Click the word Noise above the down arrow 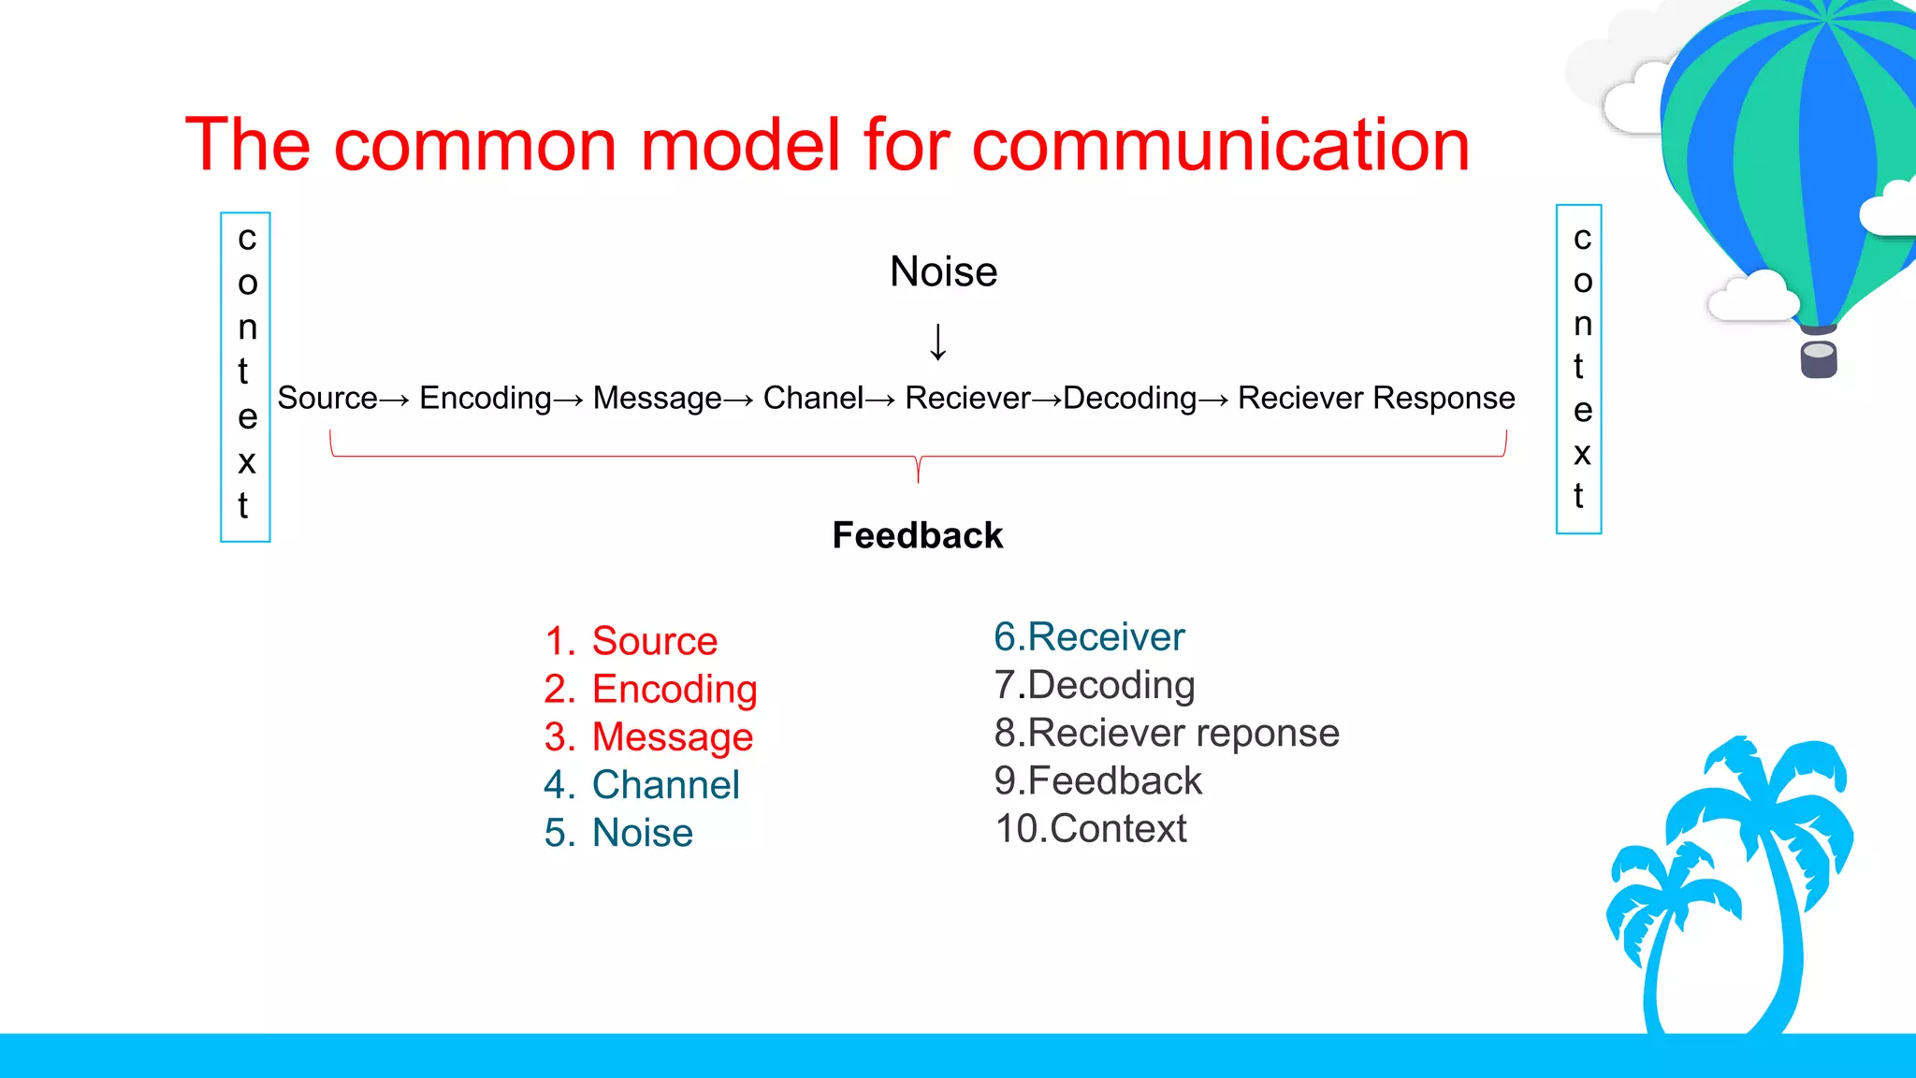pyautogui.click(x=943, y=271)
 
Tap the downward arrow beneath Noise pyautogui.click(x=937, y=342)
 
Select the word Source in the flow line pyautogui.click(x=327, y=398)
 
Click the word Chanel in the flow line pyautogui.click(x=813, y=398)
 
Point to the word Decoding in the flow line pyautogui.click(x=1130, y=399)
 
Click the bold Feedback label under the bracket pyautogui.click(x=918, y=535)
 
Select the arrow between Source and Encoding pyautogui.click(x=395, y=401)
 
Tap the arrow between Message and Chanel pyautogui.click(x=738, y=401)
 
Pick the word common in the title pyautogui.click(x=475, y=147)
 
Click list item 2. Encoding pyautogui.click(x=650, y=691)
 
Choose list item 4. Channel pyautogui.click(x=642, y=784)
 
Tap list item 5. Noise pyautogui.click(x=618, y=832)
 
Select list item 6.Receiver pyautogui.click(x=1089, y=636)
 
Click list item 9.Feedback pyautogui.click(x=1098, y=780)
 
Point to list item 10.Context pyautogui.click(x=1091, y=828)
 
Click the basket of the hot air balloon pyautogui.click(x=1819, y=358)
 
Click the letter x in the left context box pyautogui.click(x=246, y=461)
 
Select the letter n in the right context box pyautogui.click(x=1582, y=324)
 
